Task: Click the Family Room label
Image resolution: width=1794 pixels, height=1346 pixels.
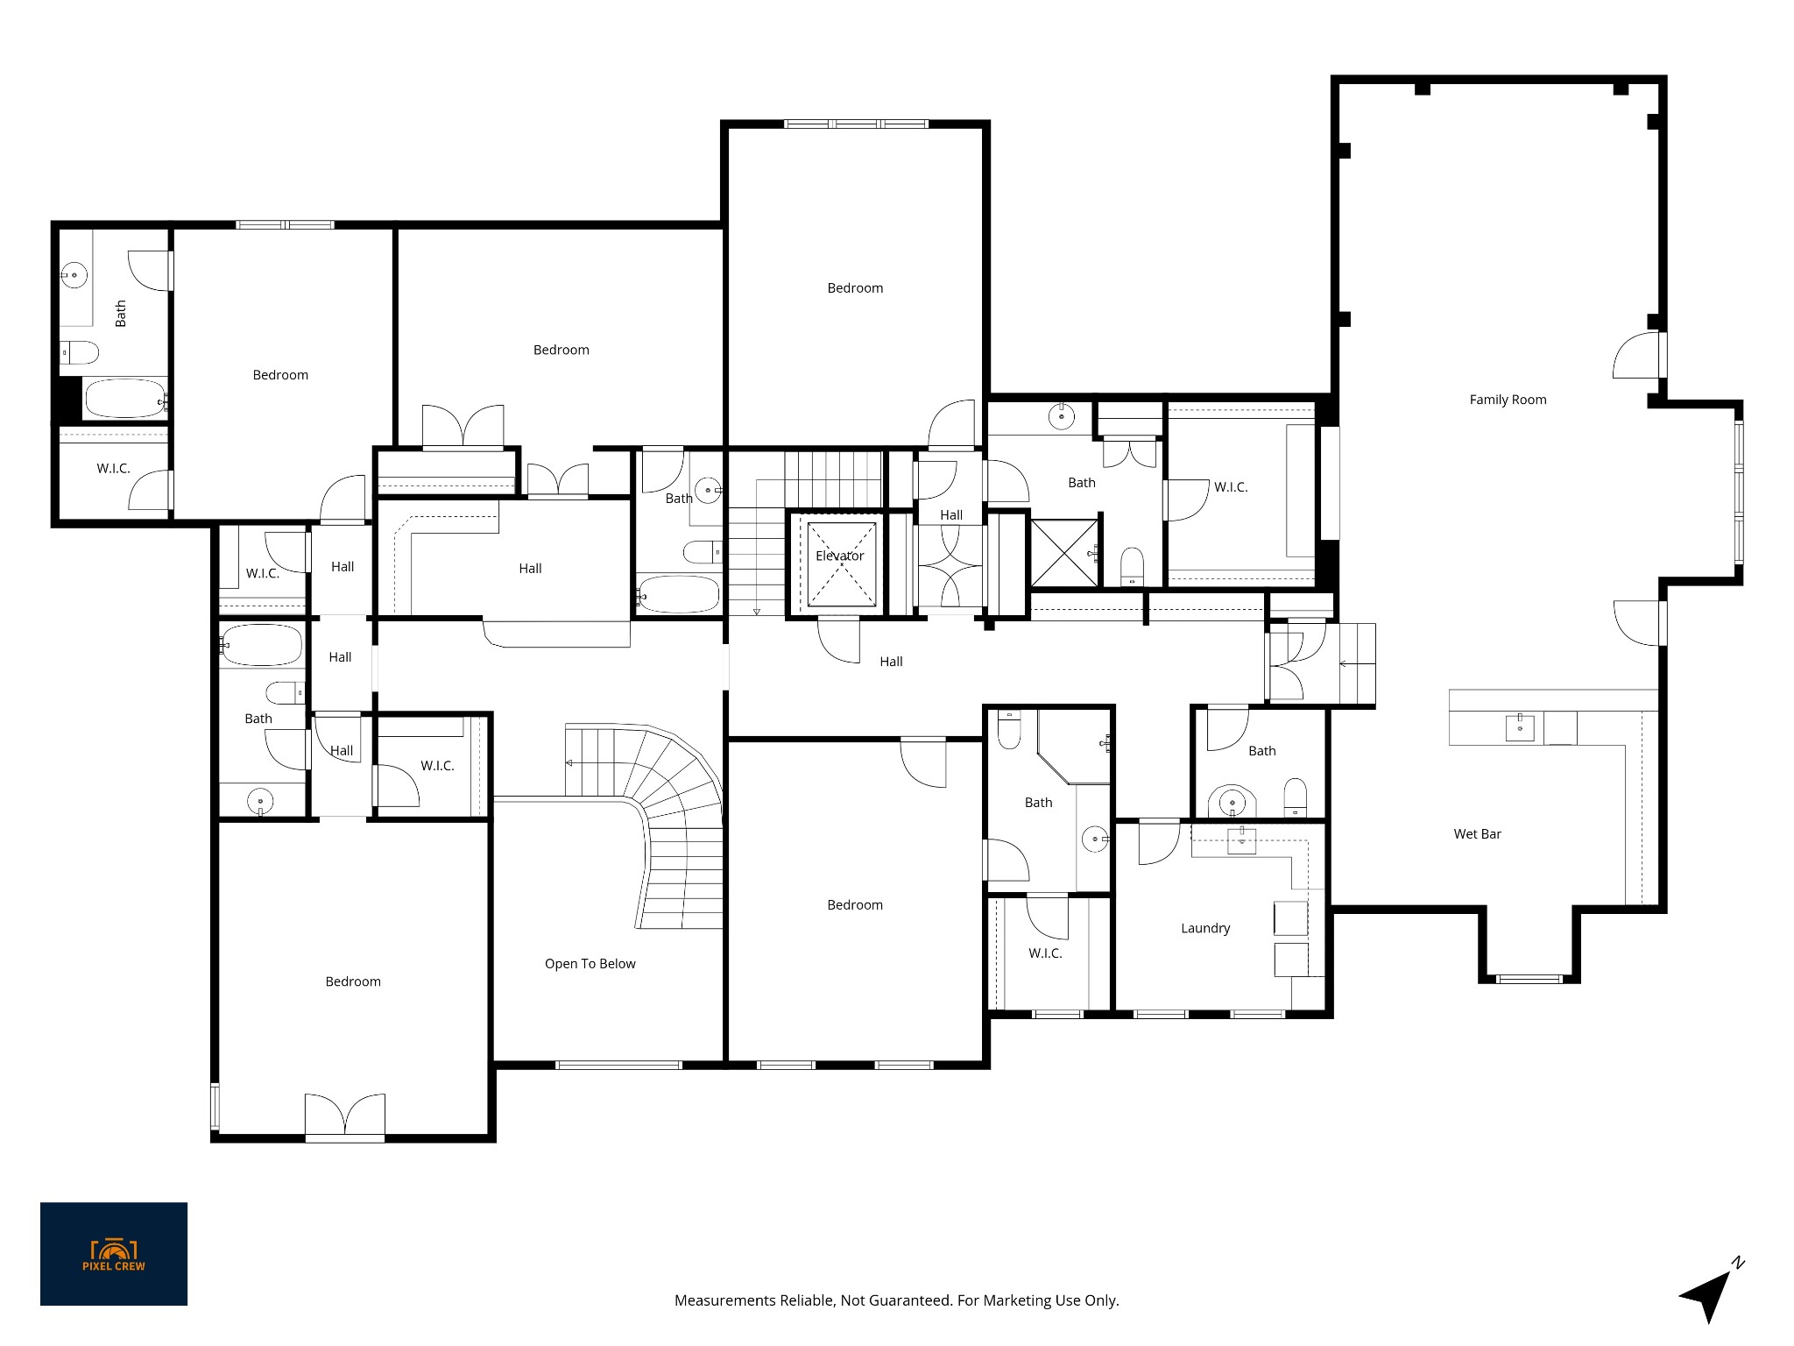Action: click(1508, 400)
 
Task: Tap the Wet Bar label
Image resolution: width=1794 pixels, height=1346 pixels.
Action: click(1477, 834)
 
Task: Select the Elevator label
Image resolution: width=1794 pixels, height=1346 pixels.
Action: click(839, 556)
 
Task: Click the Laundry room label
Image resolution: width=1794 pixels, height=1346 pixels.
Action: click(1205, 928)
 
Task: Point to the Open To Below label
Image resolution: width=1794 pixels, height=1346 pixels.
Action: click(590, 964)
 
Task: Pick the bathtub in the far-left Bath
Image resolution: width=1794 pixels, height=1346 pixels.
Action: click(124, 399)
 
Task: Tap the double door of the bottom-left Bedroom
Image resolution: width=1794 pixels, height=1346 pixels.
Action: click(345, 1117)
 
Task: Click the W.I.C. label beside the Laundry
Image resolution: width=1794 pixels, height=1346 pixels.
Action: click(1045, 953)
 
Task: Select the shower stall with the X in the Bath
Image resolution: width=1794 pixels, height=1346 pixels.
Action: click(1064, 553)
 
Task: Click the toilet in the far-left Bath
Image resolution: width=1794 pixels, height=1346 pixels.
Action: click(78, 352)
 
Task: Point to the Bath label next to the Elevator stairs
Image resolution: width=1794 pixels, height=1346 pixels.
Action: click(679, 499)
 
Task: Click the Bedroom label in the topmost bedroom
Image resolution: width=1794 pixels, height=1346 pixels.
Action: click(855, 288)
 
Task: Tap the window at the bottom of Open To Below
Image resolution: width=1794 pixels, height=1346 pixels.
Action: click(618, 1065)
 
